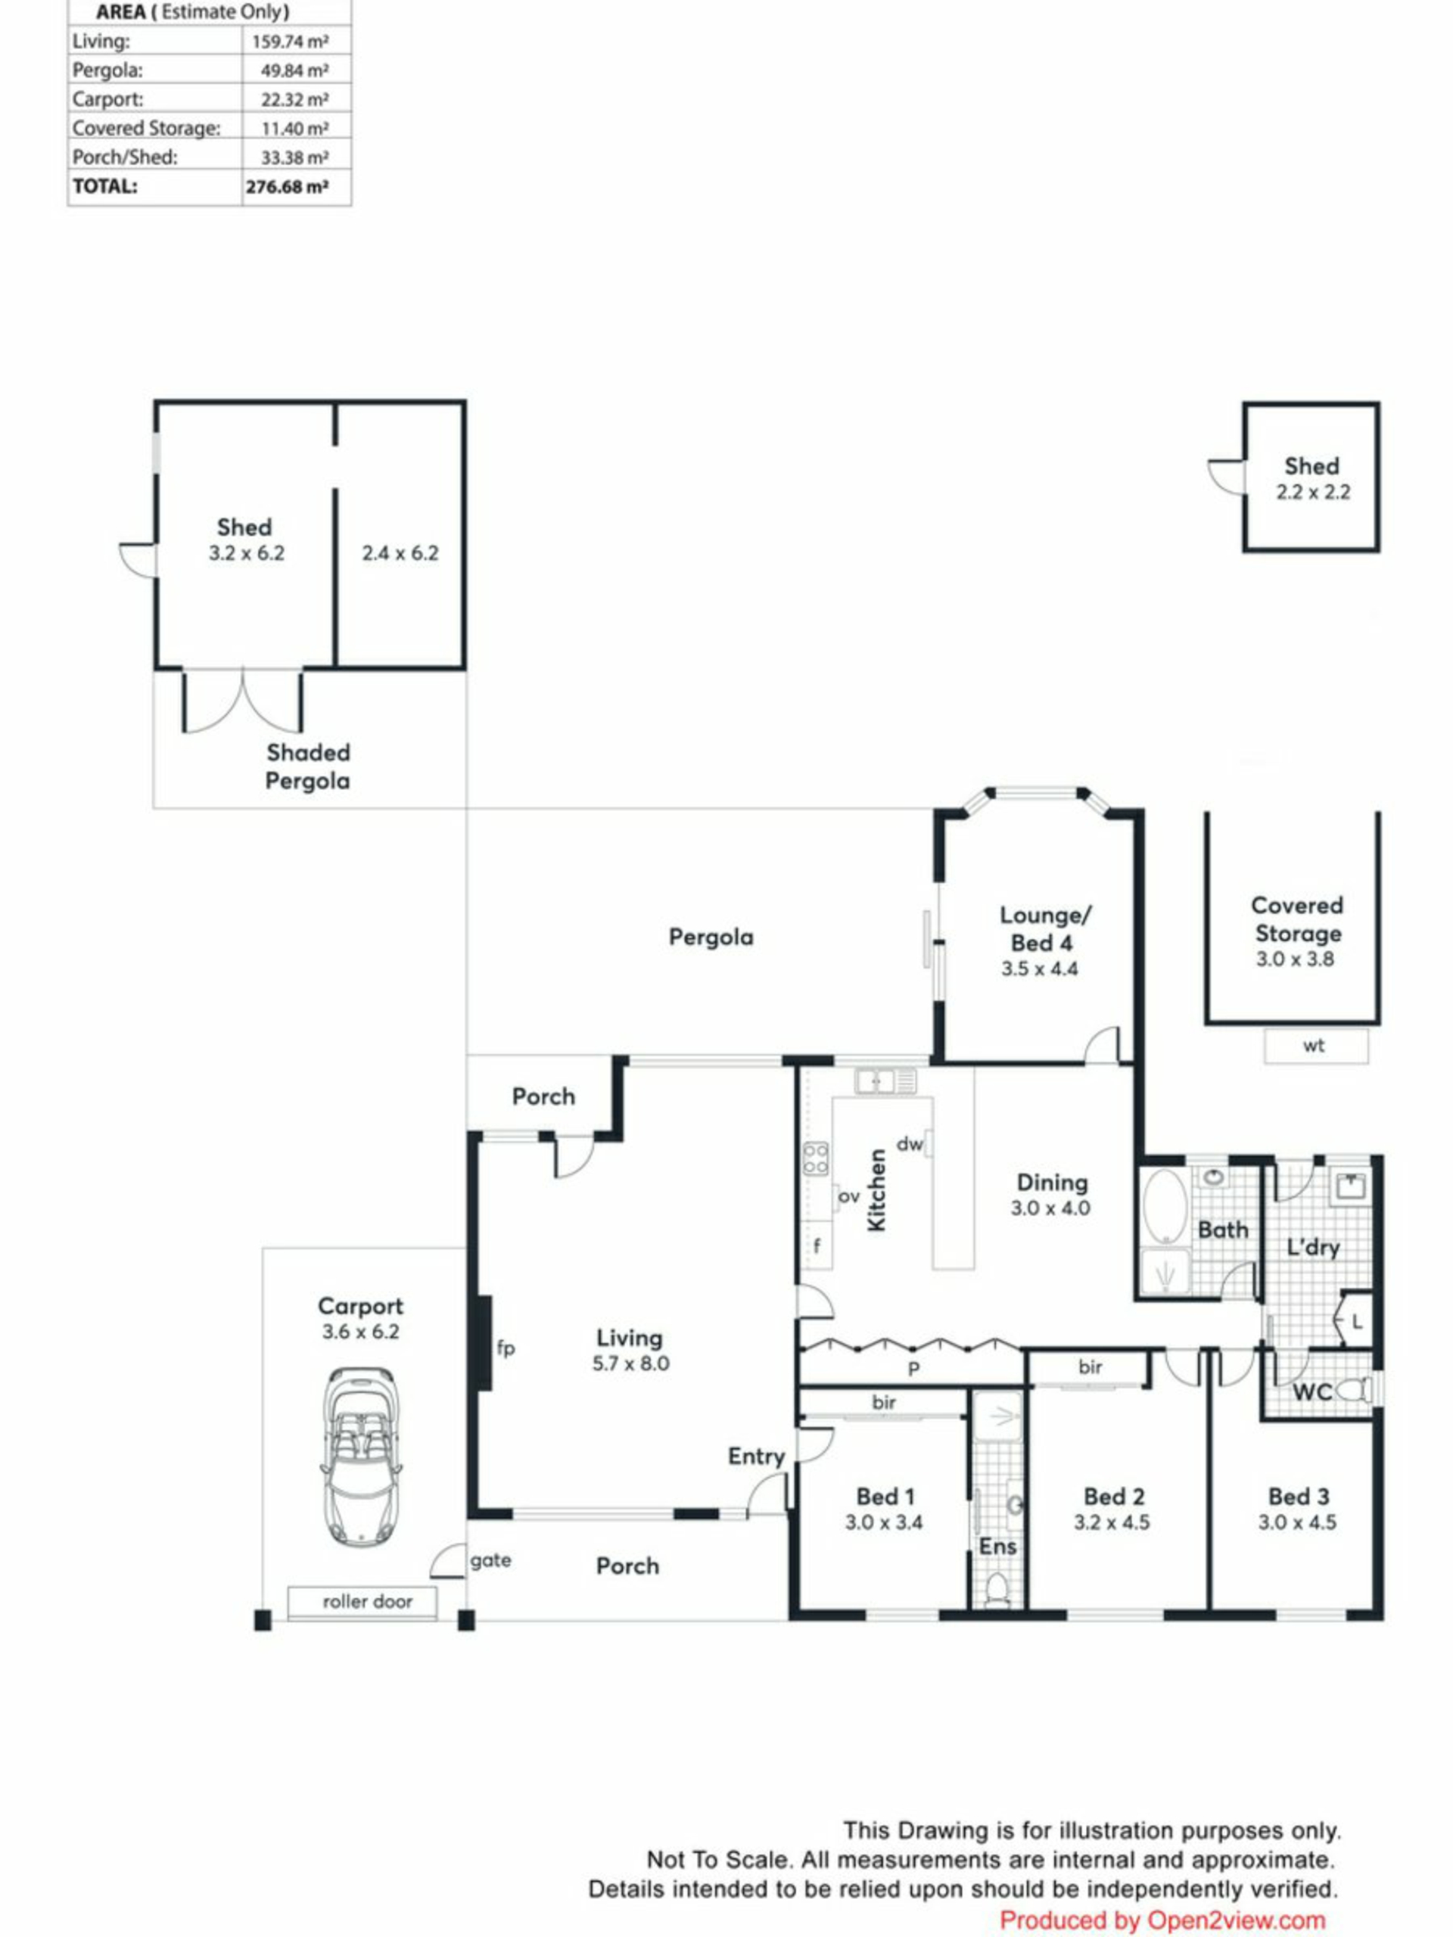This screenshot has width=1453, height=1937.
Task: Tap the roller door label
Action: [367, 1602]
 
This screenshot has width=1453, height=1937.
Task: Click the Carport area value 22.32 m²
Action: [294, 100]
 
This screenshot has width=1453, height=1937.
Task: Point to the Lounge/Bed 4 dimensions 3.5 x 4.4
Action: [1040, 968]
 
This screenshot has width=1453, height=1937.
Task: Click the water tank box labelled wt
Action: [1315, 1046]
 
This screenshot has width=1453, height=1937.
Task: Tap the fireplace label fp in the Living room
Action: [506, 1348]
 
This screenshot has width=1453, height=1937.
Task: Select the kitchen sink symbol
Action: [885, 1080]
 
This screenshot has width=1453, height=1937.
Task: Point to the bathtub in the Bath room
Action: [1165, 1206]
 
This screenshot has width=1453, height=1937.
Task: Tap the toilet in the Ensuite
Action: [997, 1587]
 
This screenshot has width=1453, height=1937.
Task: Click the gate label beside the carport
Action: [490, 1560]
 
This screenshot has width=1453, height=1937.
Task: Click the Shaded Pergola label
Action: [307, 766]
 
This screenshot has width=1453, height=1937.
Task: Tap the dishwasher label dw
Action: [910, 1143]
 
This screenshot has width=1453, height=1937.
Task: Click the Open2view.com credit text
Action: [1237, 1921]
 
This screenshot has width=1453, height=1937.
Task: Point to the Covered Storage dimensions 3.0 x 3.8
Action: [1295, 959]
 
